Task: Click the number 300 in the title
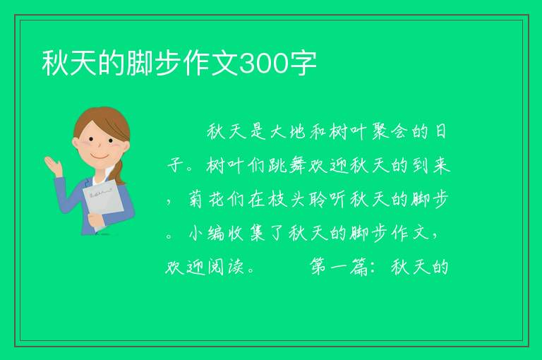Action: point(263,64)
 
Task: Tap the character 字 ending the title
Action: point(303,64)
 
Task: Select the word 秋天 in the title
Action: point(69,64)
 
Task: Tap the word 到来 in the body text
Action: point(431,166)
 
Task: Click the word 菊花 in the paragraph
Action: point(207,200)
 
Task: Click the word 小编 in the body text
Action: point(207,234)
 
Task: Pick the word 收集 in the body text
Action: point(246,234)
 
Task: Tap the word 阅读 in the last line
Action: point(226,267)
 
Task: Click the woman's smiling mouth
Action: point(100,156)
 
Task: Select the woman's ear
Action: point(76,143)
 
